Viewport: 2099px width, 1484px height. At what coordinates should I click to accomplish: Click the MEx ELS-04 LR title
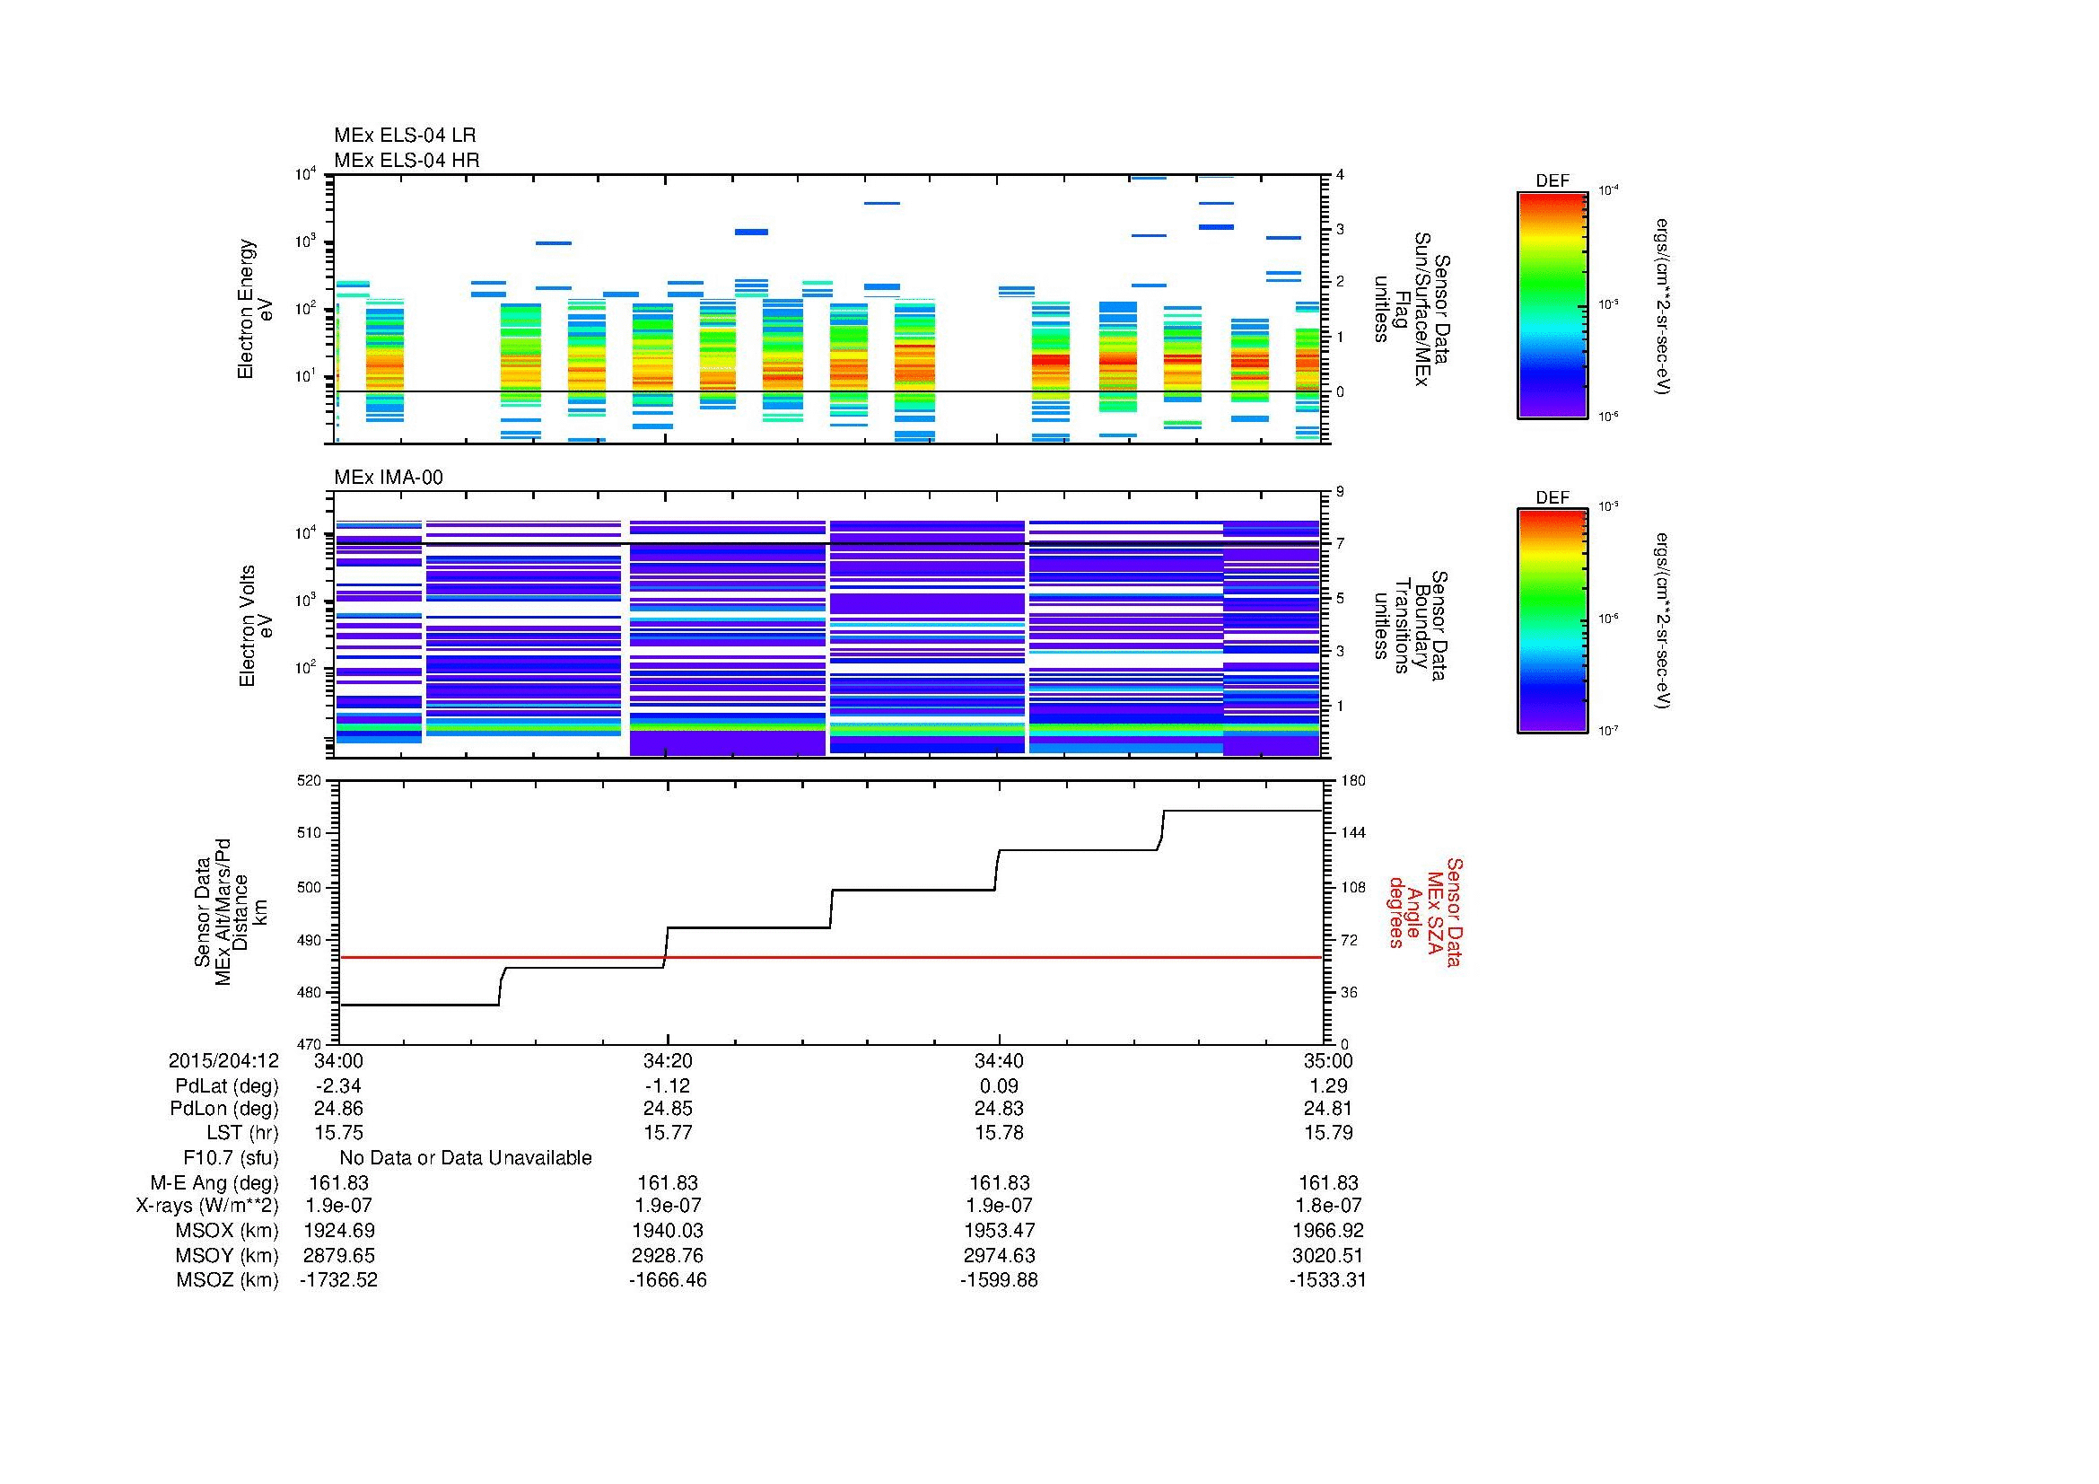[x=404, y=136]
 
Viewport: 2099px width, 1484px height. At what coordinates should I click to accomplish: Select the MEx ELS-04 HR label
[x=406, y=160]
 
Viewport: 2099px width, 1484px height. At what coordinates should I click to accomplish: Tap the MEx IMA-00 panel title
[x=388, y=478]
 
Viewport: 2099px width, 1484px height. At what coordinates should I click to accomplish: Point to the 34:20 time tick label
[x=668, y=1060]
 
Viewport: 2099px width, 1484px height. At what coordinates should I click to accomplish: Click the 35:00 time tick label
[x=1328, y=1060]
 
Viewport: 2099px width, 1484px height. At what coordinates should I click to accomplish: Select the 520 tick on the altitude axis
[x=310, y=781]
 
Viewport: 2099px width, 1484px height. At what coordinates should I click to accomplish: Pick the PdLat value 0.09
[x=998, y=1086]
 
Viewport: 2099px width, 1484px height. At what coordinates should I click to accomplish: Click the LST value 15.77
[x=668, y=1133]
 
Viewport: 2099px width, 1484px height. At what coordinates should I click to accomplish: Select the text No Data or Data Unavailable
[x=466, y=1158]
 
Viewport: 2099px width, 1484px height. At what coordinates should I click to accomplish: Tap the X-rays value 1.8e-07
[x=1328, y=1206]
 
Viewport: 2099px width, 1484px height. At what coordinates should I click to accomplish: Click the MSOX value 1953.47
[x=998, y=1231]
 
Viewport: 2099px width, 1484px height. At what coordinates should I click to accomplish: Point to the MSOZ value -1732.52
[x=338, y=1280]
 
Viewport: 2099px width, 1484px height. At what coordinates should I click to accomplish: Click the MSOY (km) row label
[x=227, y=1255]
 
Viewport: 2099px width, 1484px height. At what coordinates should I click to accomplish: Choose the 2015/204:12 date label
[x=223, y=1060]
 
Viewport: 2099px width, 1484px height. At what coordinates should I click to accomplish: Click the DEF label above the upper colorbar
[x=1552, y=181]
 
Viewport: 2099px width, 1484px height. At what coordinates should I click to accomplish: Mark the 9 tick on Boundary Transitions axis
[x=1340, y=492]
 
